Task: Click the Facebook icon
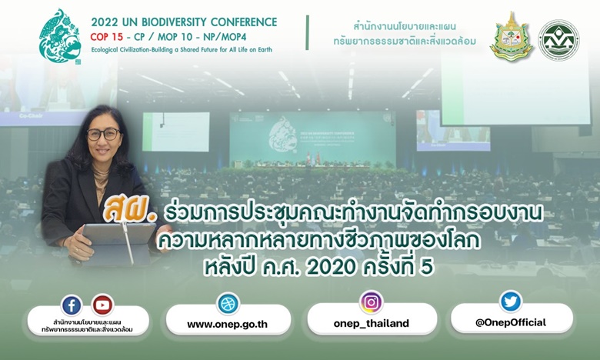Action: click(72, 305)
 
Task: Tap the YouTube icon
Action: click(102, 305)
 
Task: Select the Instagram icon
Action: click(372, 302)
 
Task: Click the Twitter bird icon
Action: click(511, 302)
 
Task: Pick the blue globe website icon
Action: click(228, 304)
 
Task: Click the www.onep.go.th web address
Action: click(227, 325)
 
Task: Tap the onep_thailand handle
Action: click(372, 324)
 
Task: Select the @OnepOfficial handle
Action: click(511, 322)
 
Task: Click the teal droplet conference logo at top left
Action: click(61, 36)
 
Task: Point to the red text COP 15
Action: click(107, 37)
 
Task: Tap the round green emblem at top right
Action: click(558, 40)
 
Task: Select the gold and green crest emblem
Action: click(512, 37)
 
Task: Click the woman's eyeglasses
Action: click(104, 134)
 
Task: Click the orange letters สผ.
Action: click(129, 211)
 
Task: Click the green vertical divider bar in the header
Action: click(307, 32)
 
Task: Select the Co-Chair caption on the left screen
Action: click(31, 115)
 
